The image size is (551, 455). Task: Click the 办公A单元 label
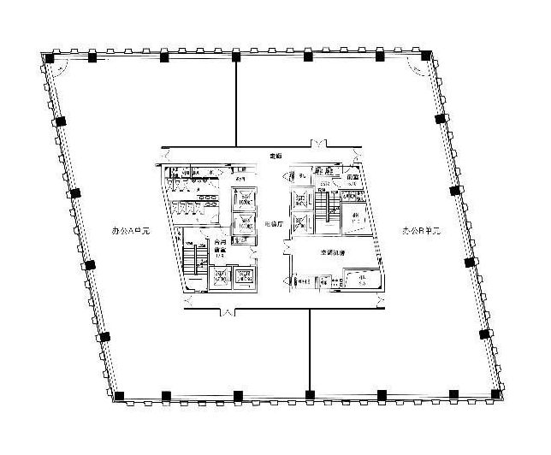click(x=131, y=231)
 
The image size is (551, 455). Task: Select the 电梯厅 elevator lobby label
click(x=273, y=222)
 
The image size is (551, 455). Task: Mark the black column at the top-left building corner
click(x=50, y=58)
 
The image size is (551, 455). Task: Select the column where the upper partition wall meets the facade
click(x=235, y=56)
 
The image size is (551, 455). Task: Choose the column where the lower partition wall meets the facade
click(x=309, y=394)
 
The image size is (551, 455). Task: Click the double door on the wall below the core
click(x=227, y=312)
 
